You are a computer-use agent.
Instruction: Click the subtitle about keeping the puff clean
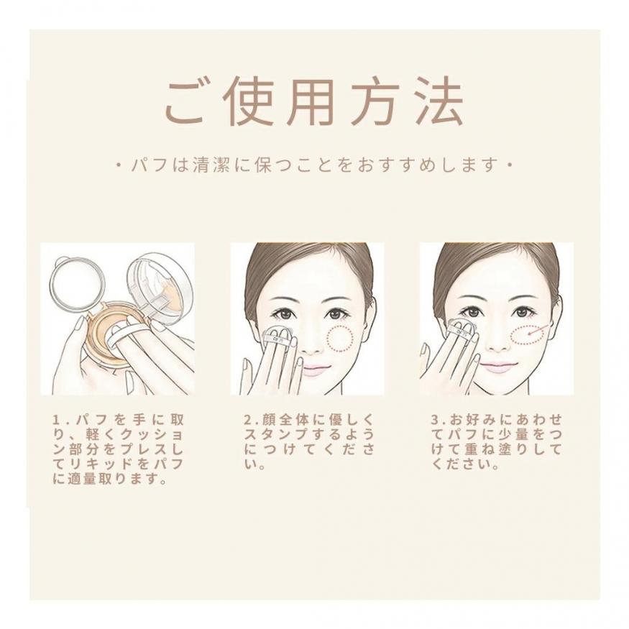(314, 165)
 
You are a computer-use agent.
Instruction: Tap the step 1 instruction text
(119, 449)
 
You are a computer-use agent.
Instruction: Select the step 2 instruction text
(309, 442)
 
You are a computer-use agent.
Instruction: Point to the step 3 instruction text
(497, 442)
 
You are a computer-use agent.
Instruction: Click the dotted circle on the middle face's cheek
(340, 339)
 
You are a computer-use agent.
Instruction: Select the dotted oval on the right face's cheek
(530, 336)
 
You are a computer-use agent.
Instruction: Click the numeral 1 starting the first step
(56, 421)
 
